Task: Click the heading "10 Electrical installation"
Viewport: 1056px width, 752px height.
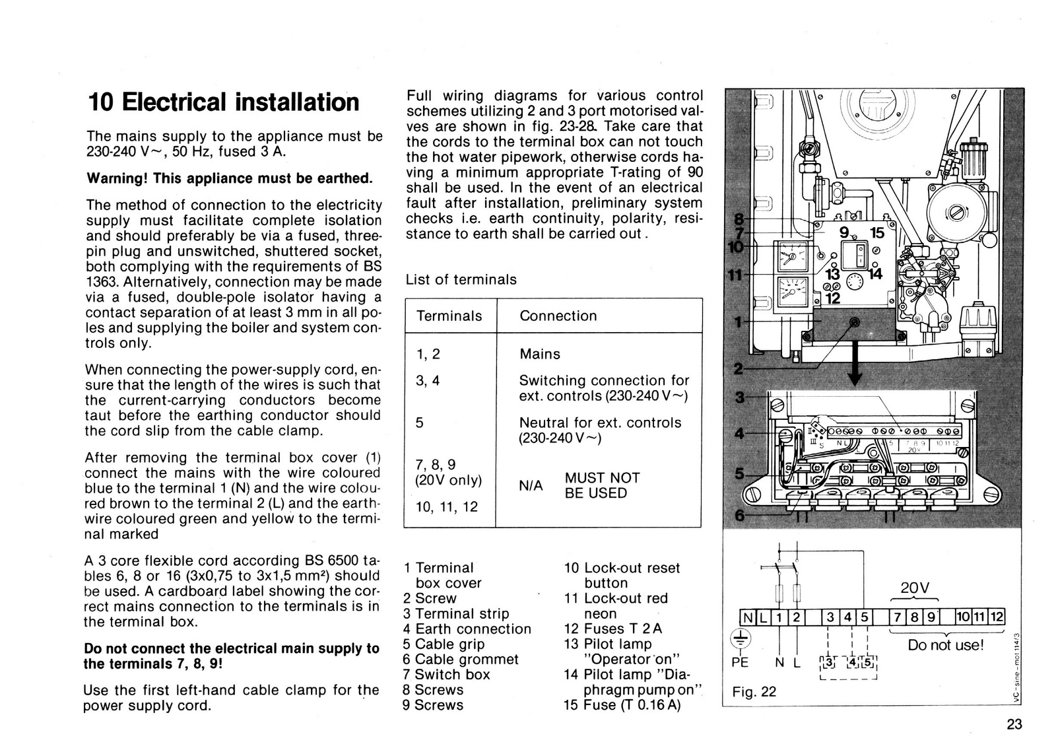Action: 224,102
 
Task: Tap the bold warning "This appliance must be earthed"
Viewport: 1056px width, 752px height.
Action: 230,178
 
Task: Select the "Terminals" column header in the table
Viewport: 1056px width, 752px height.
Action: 449,316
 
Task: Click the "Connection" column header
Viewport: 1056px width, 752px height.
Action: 558,316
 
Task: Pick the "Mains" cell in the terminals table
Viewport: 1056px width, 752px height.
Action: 539,354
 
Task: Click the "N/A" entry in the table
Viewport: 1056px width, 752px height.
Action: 531,485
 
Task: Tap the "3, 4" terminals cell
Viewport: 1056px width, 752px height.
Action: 428,380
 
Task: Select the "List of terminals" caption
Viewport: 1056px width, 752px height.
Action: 461,279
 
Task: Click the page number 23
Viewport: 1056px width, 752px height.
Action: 1014,724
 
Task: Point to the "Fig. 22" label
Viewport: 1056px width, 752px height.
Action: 754,691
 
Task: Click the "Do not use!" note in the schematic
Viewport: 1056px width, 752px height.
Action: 945,644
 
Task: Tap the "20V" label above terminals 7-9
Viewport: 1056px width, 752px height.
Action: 914,588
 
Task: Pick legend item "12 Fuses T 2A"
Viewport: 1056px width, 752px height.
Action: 612,629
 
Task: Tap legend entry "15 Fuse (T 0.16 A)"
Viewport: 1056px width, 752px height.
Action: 622,704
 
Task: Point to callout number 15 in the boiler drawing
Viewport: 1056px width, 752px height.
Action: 876,233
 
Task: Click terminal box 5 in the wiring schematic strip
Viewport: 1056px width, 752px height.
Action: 864,617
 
